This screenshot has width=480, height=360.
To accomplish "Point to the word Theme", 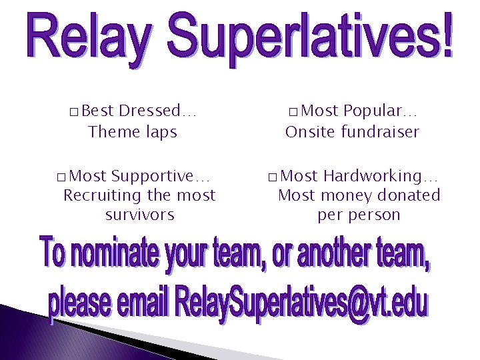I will (111, 132).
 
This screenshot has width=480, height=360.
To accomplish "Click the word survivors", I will (139, 215).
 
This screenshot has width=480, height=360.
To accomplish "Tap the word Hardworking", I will (380, 176).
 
